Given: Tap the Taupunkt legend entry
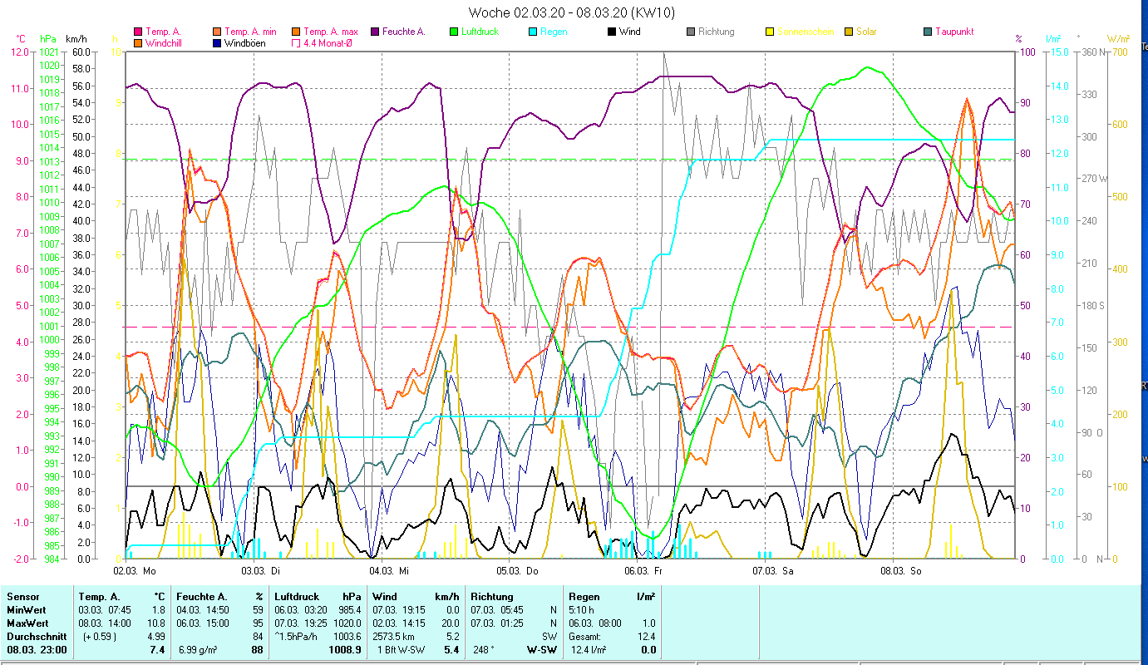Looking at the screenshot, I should [953, 32].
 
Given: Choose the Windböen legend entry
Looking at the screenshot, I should [244, 42].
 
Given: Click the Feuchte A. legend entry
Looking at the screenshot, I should [403, 32].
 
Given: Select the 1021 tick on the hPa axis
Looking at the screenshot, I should [49, 52].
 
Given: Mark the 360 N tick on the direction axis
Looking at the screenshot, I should [1091, 52].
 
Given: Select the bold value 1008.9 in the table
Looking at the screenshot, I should [345, 650].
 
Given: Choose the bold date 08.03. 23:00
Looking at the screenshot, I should [37, 650].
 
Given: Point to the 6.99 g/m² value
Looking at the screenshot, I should [200, 650].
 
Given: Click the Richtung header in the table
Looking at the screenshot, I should [492, 597].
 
